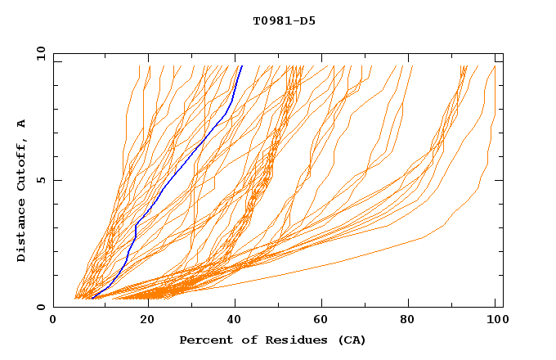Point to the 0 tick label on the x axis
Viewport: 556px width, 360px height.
(x=53, y=321)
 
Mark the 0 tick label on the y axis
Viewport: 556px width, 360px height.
(x=41, y=307)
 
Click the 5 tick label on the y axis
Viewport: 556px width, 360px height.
(x=41, y=180)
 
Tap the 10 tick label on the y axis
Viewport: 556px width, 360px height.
(x=38, y=53)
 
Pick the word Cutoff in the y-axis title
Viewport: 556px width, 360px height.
(x=21, y=162)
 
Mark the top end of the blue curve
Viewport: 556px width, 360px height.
(x=242, y=65)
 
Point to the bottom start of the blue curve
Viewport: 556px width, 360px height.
(x=92, y=298)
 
